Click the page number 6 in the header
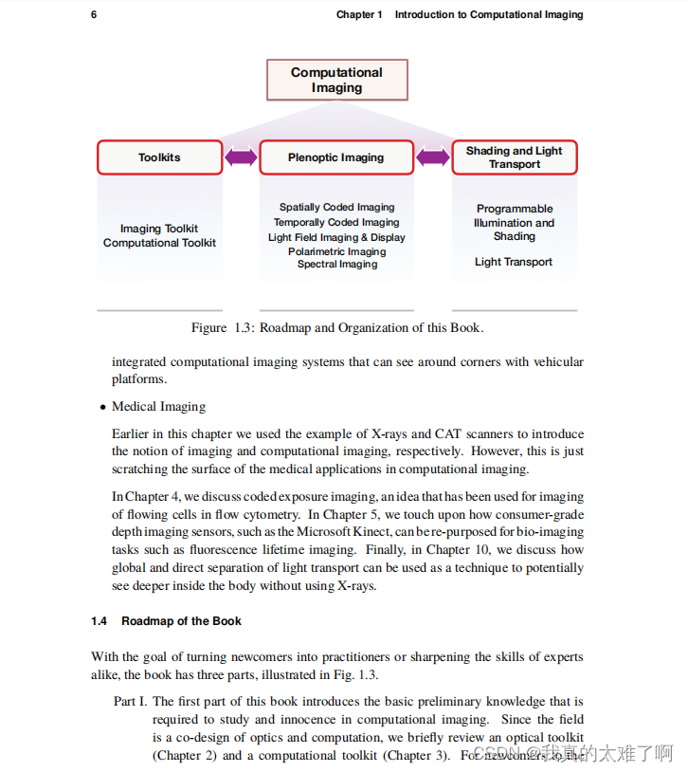point(94,14)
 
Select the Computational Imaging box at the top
point(336,80)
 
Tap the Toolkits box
point(159,157)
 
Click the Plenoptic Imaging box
point(336,157)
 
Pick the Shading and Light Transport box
point(514,157)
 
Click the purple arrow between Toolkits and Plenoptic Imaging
point(241,157)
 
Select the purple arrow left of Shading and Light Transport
point(433,157)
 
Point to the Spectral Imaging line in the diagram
point(336,265)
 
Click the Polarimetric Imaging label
point(336,251)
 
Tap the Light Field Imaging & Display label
point(336,237)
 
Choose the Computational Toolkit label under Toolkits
point(159,243)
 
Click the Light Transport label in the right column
point(514,262)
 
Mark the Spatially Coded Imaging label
point(336,207)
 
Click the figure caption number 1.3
point(244,328)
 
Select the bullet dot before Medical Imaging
point(102,408)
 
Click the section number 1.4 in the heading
point(100,621)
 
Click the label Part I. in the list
point(130,702)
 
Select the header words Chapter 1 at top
point(359,14)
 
